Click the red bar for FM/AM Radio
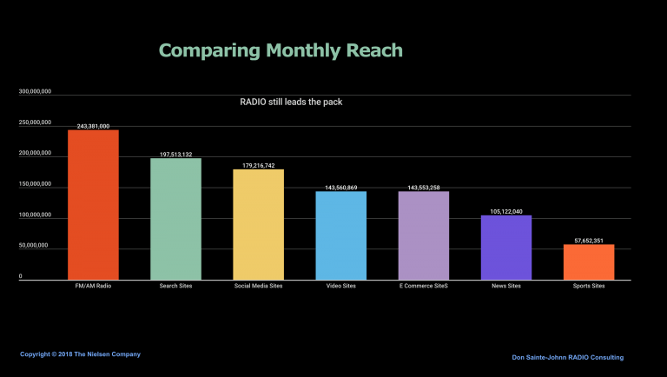click(x=93, y=205)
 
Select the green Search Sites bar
click(x=175, y=219)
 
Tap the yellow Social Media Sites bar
click(x=258, y=225)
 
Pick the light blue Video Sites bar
click(x=340, y=235)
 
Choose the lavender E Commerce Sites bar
click(x=424, y=235)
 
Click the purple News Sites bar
click(x=506, y=248)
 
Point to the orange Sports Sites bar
click(x=589, y=262)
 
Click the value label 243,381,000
click(x=93, y=126)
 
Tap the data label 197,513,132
click(x=175, y=155)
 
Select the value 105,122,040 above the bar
click(x=506, y=211)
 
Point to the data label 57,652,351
click(x=589, y=241)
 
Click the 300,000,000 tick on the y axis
click(x=35, y=91)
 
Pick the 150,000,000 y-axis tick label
click(x=35, y=184)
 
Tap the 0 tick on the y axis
click(x=21, y=276)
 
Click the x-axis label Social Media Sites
click(x=258, y=286)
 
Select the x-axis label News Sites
click(x=506, y=286)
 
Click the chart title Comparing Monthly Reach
click(x=281, y=50)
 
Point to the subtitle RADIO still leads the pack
click(x=291, y=103)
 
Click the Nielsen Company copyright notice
click(x=80, y=354)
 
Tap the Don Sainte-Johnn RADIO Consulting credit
click(x=567, y=357)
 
